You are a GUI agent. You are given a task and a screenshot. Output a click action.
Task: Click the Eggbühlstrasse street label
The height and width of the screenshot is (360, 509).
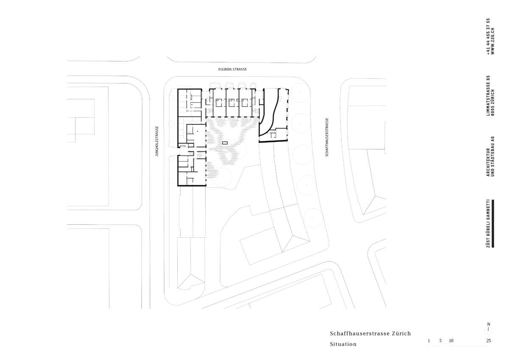click(x=232, y=69)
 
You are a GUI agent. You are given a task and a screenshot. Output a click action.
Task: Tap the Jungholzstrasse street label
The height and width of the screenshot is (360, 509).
click(x=157, y=141)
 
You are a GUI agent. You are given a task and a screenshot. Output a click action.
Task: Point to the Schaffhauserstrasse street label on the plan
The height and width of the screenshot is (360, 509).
click(x=327, y=137)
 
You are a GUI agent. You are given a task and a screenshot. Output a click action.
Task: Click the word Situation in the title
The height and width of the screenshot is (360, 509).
click(x=343, y=344)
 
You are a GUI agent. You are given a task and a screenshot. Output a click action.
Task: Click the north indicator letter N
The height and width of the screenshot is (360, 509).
click(x=489, y=324)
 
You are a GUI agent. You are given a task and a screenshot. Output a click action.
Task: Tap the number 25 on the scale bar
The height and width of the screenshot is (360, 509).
click(x=489, y=340)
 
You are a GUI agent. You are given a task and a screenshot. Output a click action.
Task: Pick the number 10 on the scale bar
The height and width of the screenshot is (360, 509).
click(x=451, y=340)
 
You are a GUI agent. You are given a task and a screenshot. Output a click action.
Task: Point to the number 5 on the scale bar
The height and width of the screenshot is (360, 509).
click(x=440, y=340)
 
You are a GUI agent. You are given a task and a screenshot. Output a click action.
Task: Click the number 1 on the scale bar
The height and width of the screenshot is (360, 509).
click(x=429, y=340)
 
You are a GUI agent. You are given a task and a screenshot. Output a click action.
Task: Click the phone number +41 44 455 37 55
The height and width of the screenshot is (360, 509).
click(x=488, y=36)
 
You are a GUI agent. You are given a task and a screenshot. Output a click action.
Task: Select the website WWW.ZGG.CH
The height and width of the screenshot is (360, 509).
click(x=492, y=41)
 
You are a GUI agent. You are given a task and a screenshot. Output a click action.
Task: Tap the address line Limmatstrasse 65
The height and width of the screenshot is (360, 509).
click(x=488, y=96)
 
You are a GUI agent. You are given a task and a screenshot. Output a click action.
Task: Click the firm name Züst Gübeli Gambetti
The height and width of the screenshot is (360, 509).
click(x=488, y=224)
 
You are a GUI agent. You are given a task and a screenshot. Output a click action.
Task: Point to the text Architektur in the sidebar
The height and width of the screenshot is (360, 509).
click(x=488, y=162)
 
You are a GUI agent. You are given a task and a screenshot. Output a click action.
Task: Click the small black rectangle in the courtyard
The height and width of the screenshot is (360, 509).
click(x=225, y=143)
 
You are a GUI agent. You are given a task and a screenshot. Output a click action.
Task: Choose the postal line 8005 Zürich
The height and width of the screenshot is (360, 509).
click(x=492, y=103)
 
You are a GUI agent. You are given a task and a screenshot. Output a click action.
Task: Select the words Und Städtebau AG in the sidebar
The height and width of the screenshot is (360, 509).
click(x=492, y=156)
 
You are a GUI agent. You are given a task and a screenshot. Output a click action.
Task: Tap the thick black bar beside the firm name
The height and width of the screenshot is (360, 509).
click(x=493, y=224)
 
